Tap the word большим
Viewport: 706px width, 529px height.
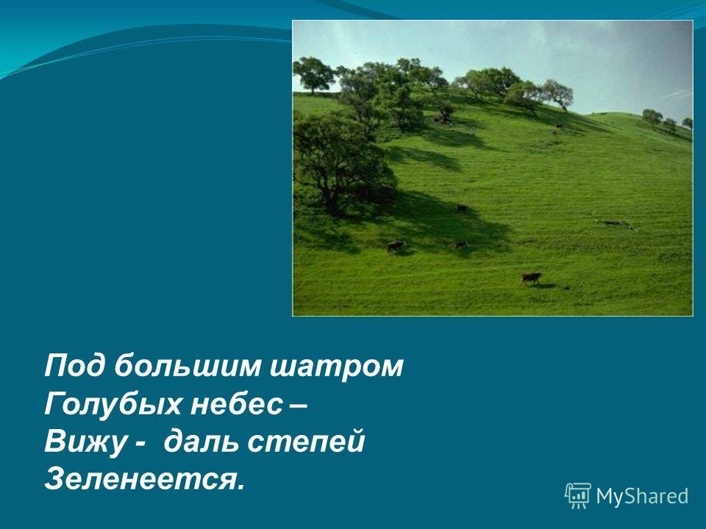(x=187, y=366)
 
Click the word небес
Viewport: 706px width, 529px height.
(x=235, y=404)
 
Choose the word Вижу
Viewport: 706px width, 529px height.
(x=83, y=442)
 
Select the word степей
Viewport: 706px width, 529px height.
(x=306, y=442)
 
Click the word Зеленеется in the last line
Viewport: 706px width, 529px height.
(x=140, y=480)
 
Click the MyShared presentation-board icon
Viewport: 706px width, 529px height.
(x=578, y=496)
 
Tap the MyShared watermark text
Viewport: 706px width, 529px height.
(x=642, y=496)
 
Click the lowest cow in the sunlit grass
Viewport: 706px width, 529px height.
(x=531, y=278)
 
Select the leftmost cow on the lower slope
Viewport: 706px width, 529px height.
(x=396, y=245)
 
